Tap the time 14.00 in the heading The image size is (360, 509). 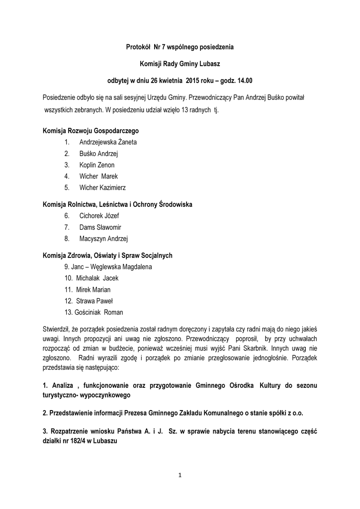click(x=244, y=80)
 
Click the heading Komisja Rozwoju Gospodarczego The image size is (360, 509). click(x=91, y=131)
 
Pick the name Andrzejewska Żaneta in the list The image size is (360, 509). click(x=107, y=142)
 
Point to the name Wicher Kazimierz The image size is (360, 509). click(x=102, y=188)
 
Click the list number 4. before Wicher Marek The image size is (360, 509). click(x=67, y=176)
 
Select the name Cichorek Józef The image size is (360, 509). click(x=99, y=216)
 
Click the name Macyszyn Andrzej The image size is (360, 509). click(x=103, y=239)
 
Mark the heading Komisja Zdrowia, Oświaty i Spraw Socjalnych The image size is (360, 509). click(x=107, y=255)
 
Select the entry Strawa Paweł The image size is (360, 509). click(x=94, y=301)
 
